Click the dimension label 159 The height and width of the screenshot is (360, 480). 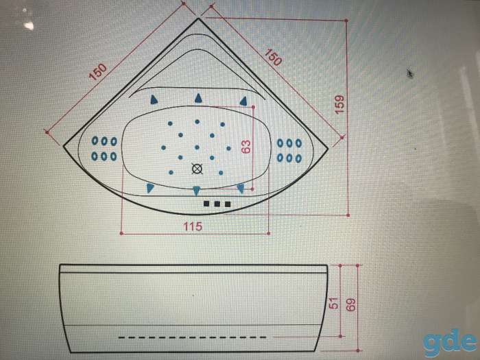[x=339, y=104]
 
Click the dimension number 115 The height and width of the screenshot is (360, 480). [x=193, y=226]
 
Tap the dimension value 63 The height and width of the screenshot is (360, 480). [x=245, y=146]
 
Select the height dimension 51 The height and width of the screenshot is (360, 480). [x=335, y=303]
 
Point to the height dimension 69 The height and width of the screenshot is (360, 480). [x=351, y=304]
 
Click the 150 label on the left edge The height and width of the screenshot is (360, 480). [x=98, y=72]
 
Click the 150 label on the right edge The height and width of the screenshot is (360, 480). [x=272, y=57]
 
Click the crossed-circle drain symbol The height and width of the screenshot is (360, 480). [x=197, y=169]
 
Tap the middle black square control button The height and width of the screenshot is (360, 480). [x=217, y=204]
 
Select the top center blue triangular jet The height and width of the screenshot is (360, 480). [x=198, y=98]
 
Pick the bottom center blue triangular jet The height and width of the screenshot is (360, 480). [x=197, y=191]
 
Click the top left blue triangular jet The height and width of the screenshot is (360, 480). [x=154, y=99]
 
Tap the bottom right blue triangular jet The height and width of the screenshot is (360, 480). [x=241, y=189]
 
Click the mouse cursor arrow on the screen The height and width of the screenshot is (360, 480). [x=409, y=74]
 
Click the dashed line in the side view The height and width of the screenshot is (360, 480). [x=192, y=337]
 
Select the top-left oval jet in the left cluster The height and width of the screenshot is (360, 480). [x=95, y=141]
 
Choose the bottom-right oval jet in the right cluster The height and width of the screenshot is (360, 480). [x=298, y=158]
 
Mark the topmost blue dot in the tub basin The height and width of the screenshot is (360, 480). [x=197, y=122]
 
